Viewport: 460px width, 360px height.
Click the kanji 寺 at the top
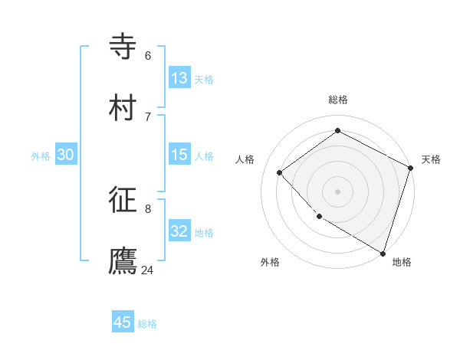point(123,46)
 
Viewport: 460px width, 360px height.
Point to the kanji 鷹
point(123,260)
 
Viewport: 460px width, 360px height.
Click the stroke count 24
point(147,270)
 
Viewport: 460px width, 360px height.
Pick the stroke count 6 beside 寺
point(147,55)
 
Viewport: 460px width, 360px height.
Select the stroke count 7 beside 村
point(147,116)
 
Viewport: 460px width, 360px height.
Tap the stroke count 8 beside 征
point(147,208)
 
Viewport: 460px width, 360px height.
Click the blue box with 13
point(179,78)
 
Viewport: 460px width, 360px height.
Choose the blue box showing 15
point(179,155)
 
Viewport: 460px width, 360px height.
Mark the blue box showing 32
point(179,231)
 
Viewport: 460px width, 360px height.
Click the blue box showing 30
point(65,155)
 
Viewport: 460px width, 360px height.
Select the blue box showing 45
point(123,322)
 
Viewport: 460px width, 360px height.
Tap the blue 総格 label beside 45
point(147,324)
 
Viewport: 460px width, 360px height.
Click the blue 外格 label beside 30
point(41,156)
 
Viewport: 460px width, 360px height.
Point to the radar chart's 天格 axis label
point(431,159)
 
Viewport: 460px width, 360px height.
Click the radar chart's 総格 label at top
point(338,100)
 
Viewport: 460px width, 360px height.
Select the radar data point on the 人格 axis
point(280,172)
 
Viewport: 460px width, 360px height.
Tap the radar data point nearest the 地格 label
point(383,252)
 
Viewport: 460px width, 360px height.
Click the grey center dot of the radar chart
point(337,191)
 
